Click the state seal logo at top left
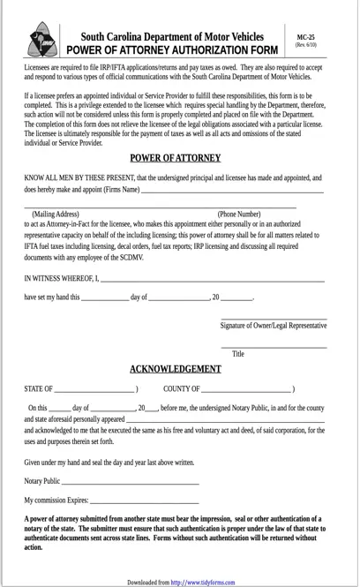coord(41,41)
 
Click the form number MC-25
coord(305,37)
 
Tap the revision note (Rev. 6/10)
coord(305,45)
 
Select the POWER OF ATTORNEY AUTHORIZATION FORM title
coord(172,50)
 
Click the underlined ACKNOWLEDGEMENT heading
coord(176,369)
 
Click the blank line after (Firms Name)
coord(232,191)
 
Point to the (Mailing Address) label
coord(56,214)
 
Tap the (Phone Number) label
coord(239,214)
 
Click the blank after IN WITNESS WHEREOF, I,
coord(212,280)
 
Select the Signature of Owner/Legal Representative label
coord(273,326)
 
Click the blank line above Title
coord(274,346)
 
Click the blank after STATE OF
coord(94,390)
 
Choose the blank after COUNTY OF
coord(246,390)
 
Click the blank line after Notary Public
coord(130,483)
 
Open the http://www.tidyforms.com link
coord(203,583)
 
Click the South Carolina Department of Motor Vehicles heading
coord(172,37)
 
